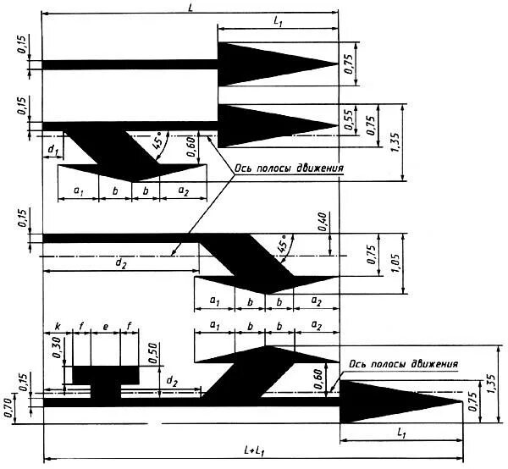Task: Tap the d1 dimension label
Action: pos(52,150)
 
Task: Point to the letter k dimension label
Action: pos(58,325)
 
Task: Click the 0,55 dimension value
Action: pos(348,119)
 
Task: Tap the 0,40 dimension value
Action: pos(323,222)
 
